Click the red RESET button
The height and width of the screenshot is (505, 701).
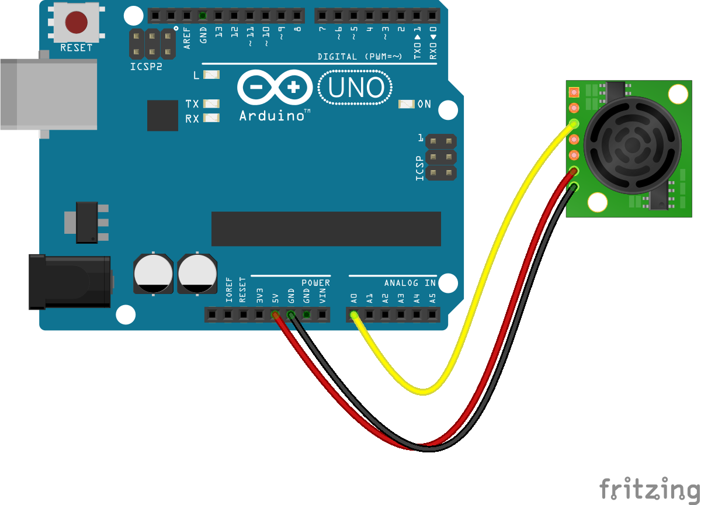(76, 22)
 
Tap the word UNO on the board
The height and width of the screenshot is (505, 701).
(356, 88)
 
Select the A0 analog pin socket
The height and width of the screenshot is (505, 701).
(354, 315)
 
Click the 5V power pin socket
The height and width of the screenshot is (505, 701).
(275, 315)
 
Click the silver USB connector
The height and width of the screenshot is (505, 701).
(50, 94)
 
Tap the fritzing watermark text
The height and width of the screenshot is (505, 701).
(650, 489)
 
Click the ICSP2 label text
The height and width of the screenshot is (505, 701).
(146, 67)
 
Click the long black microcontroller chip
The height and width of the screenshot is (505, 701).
(326, 229)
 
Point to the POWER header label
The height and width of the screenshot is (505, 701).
(316, 283)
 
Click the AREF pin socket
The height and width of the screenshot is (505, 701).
(187, 15)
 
